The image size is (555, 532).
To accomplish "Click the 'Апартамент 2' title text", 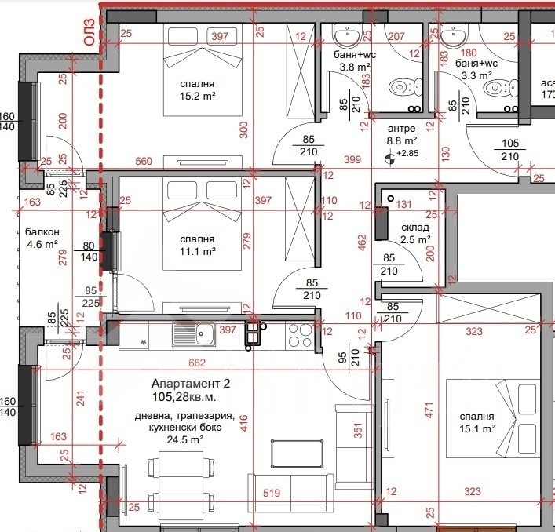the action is [191, 384].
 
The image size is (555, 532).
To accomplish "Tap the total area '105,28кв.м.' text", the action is [184, 397].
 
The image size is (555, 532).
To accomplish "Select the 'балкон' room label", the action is [42, 232].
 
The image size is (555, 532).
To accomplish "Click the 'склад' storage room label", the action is [415, 228].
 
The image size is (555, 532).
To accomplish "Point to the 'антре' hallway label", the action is [401, 129].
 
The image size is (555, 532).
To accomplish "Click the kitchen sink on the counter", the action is [194, 334].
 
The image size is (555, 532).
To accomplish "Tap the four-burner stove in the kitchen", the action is [300, 335].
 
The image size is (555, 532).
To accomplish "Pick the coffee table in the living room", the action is [297, 454].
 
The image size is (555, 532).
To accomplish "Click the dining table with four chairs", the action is [181, 483].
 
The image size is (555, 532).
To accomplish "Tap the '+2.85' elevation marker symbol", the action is [389, 159].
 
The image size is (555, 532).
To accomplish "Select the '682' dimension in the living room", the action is [197, 363].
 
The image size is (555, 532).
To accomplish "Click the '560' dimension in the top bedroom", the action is [144, 161].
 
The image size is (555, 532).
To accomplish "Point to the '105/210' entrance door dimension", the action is [510, 150].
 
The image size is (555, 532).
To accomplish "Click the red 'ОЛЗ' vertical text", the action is [89, 32].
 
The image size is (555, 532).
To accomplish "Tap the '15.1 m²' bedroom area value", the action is [477, 428].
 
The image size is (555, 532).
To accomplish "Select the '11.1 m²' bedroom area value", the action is [198, 252].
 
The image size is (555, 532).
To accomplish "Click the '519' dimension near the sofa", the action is [272, 493].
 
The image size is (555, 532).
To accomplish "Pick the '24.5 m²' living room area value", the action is [184, 439].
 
